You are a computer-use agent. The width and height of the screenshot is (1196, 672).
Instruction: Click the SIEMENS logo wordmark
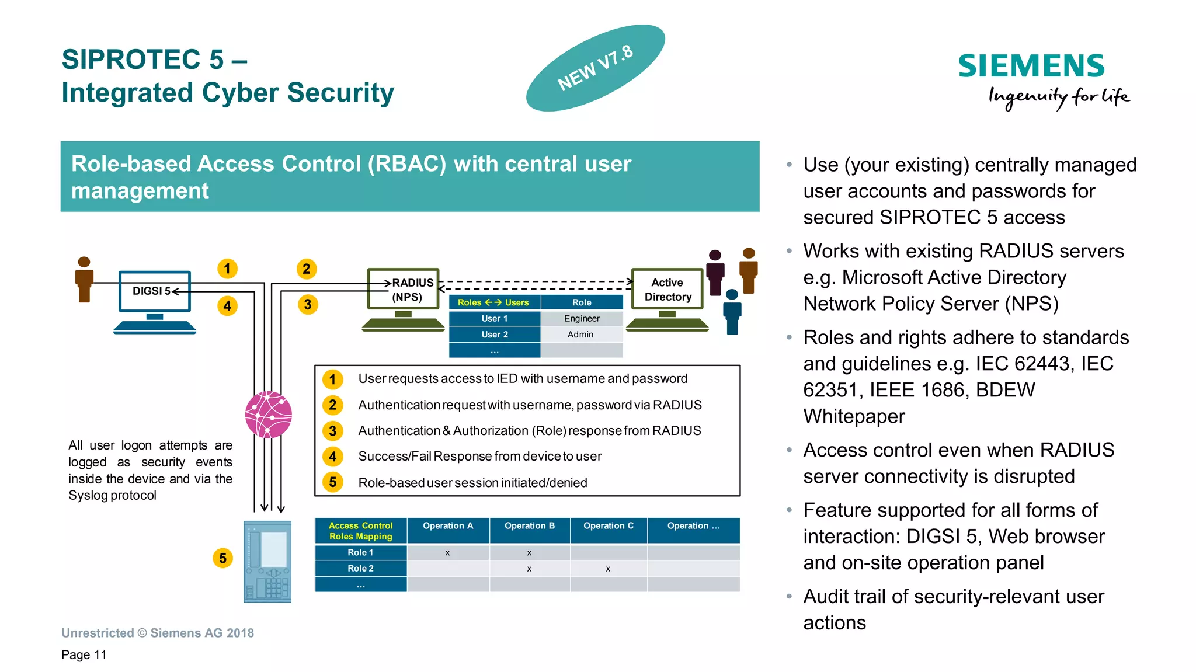click(1031, 66)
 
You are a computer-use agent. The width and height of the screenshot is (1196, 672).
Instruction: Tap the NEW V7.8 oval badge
click(595, 68)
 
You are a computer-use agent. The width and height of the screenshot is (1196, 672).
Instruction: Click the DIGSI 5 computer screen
click(155, 291)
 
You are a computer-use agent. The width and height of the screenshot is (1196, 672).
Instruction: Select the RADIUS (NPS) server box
click(404, 289)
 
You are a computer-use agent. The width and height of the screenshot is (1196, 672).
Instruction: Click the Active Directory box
click(667, 289)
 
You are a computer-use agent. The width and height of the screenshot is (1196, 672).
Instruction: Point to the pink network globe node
click(269, 415)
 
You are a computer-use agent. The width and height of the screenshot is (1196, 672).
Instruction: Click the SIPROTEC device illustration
click(267, 561)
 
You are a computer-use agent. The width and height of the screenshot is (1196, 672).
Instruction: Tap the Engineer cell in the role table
click(582, 318)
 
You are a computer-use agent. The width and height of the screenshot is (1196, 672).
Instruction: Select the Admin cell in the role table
click(580, 335)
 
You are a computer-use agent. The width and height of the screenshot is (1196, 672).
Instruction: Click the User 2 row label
click(495, 335)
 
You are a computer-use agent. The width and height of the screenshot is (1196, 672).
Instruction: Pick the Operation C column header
click(608, 525)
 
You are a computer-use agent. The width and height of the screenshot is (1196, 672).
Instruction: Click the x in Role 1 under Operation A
click(447, 552)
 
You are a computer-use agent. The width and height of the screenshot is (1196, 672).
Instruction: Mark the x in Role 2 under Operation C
click(608, 569)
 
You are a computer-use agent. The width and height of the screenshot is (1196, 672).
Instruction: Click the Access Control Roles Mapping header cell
click(360, 531)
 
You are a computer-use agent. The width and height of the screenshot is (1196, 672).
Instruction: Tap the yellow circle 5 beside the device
click(222, 558)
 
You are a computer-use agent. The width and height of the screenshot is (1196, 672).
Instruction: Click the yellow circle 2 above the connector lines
click(307, 269)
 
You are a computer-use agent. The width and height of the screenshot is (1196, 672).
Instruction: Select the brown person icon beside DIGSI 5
click(84, 280)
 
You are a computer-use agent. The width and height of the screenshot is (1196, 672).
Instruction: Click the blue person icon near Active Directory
click(732, 312)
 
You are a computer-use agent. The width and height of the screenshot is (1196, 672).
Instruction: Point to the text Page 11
click(84, 654)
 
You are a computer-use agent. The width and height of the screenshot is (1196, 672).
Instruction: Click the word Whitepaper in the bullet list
click(854, 416)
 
